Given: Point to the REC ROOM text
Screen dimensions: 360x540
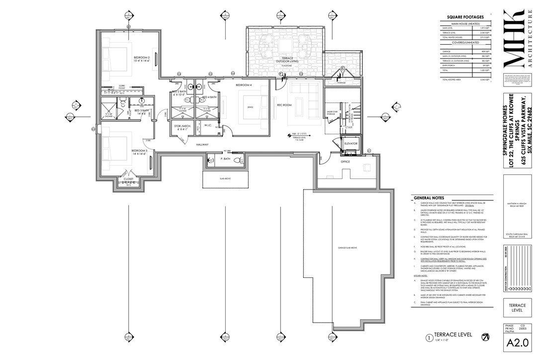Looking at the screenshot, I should [x=283, y=105].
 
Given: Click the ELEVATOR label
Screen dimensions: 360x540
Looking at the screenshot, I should [x=351, y=143].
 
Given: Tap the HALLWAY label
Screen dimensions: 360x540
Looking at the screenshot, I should [x=201, y=145].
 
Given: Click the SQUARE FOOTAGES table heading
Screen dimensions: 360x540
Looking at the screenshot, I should [x=465, y=17].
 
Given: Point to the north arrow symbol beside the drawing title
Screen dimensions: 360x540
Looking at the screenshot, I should [x=484, y=338].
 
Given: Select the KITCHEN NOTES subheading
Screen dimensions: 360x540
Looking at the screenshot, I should [x=421, y=274].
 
